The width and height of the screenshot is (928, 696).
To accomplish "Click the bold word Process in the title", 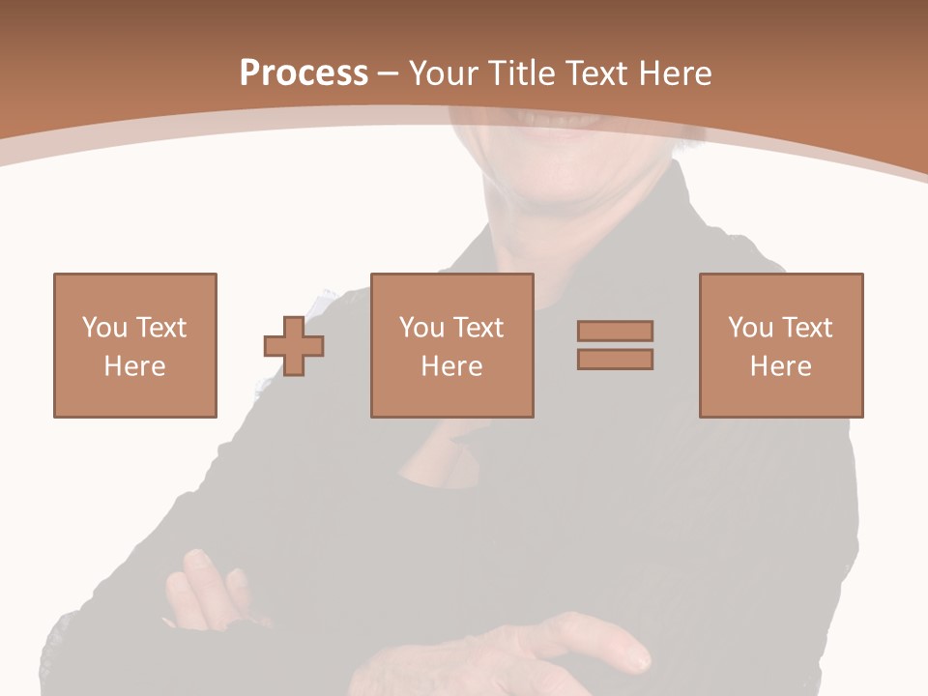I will (304, 73).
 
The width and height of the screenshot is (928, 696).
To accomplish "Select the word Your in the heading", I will (442, 73).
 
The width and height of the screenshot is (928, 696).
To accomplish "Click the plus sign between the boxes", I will (294, 345).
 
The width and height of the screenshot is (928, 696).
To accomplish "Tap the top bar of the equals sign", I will (615, 331).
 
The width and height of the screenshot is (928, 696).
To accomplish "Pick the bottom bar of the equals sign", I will (615, 360).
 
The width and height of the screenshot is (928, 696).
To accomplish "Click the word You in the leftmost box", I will (104, 328).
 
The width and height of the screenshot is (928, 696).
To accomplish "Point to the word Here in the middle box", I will (452, 366).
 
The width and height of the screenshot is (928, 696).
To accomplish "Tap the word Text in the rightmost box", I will (807, 328).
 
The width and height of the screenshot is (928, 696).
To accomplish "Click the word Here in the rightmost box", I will (781, 366).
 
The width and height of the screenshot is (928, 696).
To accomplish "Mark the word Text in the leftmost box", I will (161, 328).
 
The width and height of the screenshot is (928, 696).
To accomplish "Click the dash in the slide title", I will (389, 74).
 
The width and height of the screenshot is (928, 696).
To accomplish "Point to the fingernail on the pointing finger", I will (638, 662).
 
